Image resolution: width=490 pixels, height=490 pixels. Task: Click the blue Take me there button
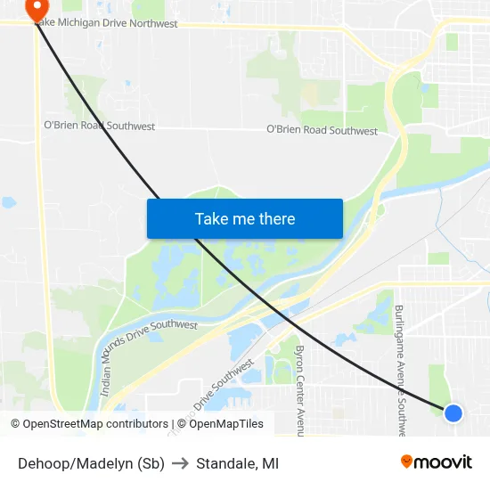[245, 218]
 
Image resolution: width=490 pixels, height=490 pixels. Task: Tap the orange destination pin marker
[37, 9]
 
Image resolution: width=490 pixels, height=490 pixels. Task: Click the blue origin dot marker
[453, 412]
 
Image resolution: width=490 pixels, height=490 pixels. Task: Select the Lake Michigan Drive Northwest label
[107, 24]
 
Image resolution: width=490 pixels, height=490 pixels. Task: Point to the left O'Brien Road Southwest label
[99, 127]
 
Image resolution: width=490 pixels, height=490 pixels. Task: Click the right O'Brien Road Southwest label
[322, 130]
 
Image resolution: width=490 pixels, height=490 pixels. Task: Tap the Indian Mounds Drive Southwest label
[147, 344]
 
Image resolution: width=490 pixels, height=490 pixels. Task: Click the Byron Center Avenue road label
[299, 389]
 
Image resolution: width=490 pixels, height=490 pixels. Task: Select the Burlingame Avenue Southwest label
[401, 365]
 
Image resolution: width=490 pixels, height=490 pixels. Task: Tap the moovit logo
[437, 462]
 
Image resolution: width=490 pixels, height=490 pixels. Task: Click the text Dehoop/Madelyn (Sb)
[91, 463]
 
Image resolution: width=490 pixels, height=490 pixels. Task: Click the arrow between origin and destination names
[180, 463]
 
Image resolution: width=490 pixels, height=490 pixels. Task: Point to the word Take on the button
[211, 218]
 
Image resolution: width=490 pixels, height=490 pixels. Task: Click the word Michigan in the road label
[87, 24]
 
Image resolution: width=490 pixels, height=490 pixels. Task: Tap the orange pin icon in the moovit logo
[407, 461]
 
